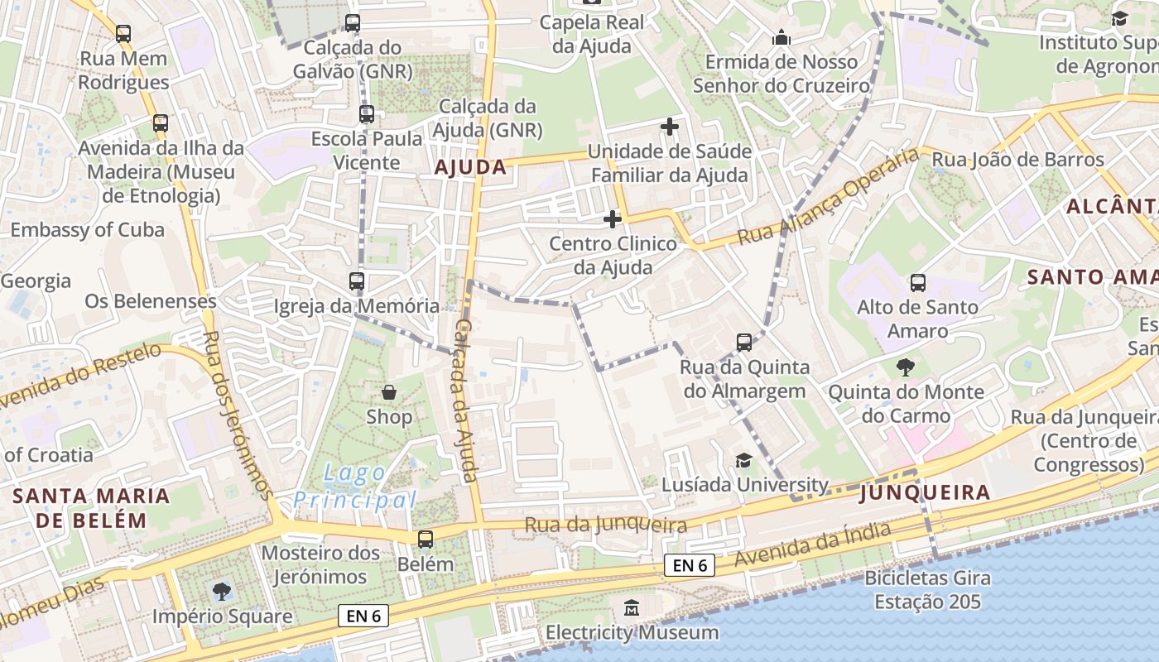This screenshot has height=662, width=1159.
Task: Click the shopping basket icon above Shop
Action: click(x=388, y=392)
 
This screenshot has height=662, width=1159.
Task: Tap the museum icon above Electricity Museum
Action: click(x=632, y=608)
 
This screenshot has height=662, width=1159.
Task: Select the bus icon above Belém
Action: click(x=426, y=540)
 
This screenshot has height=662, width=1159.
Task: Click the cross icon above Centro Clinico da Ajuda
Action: click(x=612, y=219)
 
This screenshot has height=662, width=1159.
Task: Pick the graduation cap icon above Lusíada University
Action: click(x=744, y=461)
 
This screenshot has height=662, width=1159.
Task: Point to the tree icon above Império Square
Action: click(x=222, y=592)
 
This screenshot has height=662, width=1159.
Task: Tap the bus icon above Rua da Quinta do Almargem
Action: click(x=744, y=343)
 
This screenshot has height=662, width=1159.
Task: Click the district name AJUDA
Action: click(x=470, y=167)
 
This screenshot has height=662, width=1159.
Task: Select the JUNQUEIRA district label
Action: click(x=925, y=493)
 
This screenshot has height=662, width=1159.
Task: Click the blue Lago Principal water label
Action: click(x=354, y=487)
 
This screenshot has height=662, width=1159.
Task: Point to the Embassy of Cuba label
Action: click(x=87, y=230)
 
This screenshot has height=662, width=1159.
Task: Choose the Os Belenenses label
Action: click(x=151, y=301)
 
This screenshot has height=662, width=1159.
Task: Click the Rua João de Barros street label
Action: click(x=1018, y=159)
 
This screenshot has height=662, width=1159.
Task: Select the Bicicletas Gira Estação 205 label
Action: click(x=928, y=589)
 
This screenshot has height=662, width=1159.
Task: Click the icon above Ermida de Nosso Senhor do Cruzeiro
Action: click(x=781, y=37)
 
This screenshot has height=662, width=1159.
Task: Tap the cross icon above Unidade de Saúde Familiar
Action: click(x=670, y=127)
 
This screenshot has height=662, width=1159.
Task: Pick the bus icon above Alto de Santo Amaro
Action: click(x=917, y=283)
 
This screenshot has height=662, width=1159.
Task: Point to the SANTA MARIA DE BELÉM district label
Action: click(x=91, y=508)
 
